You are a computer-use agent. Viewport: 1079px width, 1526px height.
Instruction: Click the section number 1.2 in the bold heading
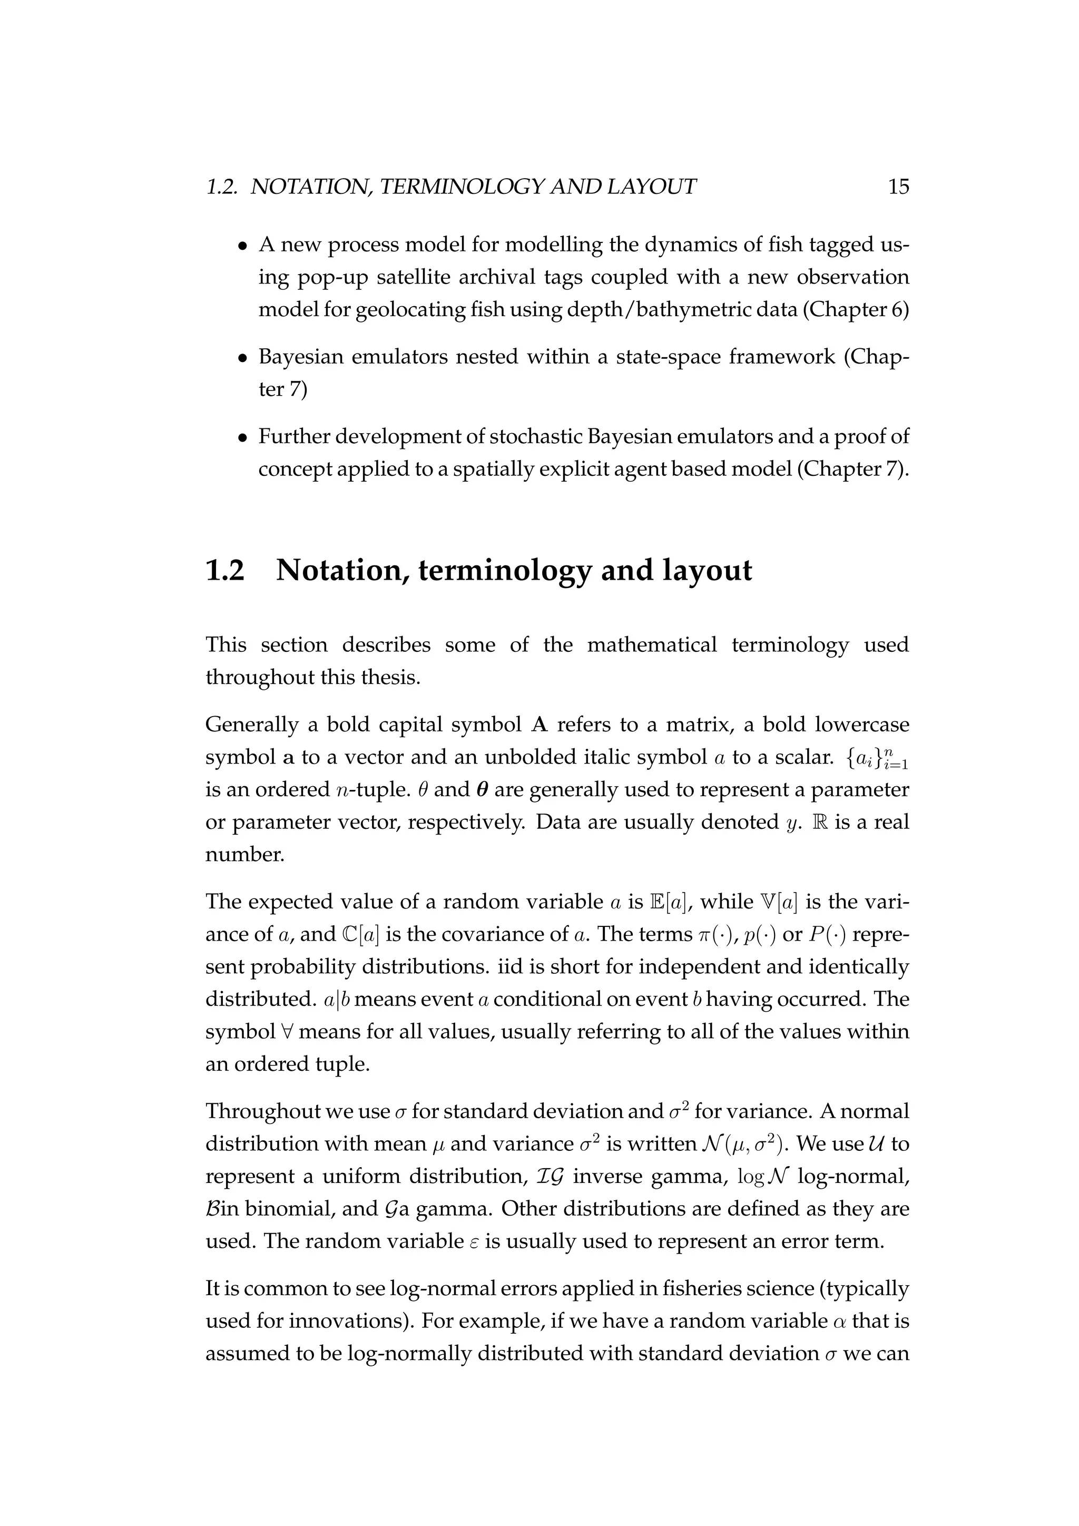point(225,571)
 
